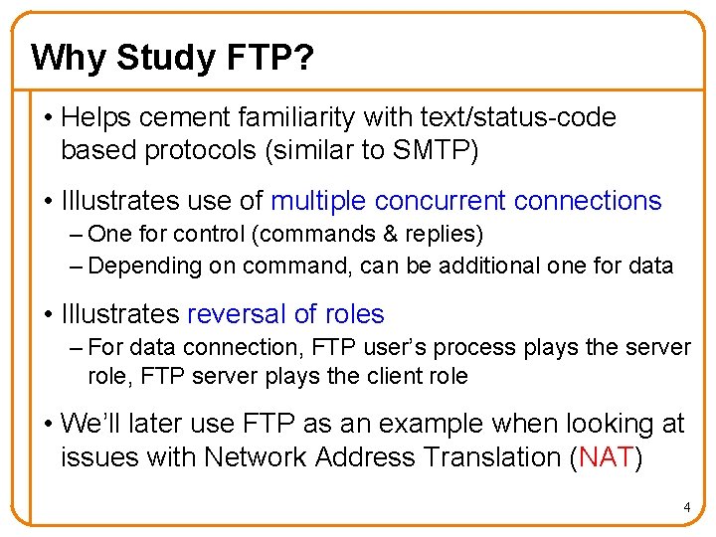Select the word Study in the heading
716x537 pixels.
click(161, 58)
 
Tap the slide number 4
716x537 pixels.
click(686, 508)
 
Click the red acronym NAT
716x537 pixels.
click(607, 457)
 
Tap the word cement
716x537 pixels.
click(184, 117)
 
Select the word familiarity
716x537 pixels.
click(293, 117)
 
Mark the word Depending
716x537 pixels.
click(138, 266)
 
